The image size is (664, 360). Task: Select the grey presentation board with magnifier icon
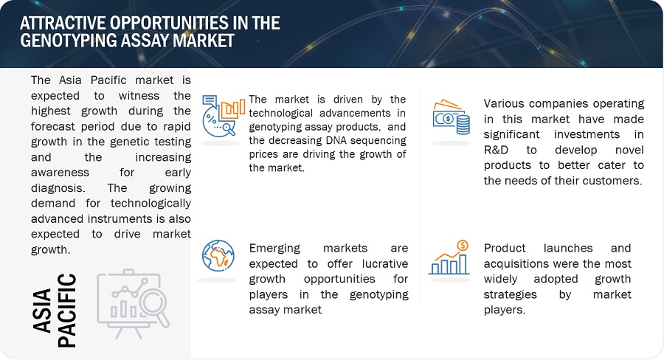(133, 303)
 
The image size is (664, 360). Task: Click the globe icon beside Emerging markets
(218, 256)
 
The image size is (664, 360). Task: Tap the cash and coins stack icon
(451, 117)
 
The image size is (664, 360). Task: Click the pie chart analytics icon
(223, 116)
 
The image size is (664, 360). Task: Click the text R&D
(496, 150)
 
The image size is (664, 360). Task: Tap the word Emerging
(274, 249)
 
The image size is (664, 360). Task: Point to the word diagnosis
(58, 188)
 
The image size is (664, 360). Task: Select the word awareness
(60, 173)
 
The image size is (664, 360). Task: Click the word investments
(587, 134)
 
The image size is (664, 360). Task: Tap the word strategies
(511, 295)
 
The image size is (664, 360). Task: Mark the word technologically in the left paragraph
(151, 204)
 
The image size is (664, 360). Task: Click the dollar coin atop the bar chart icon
(463, 245)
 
